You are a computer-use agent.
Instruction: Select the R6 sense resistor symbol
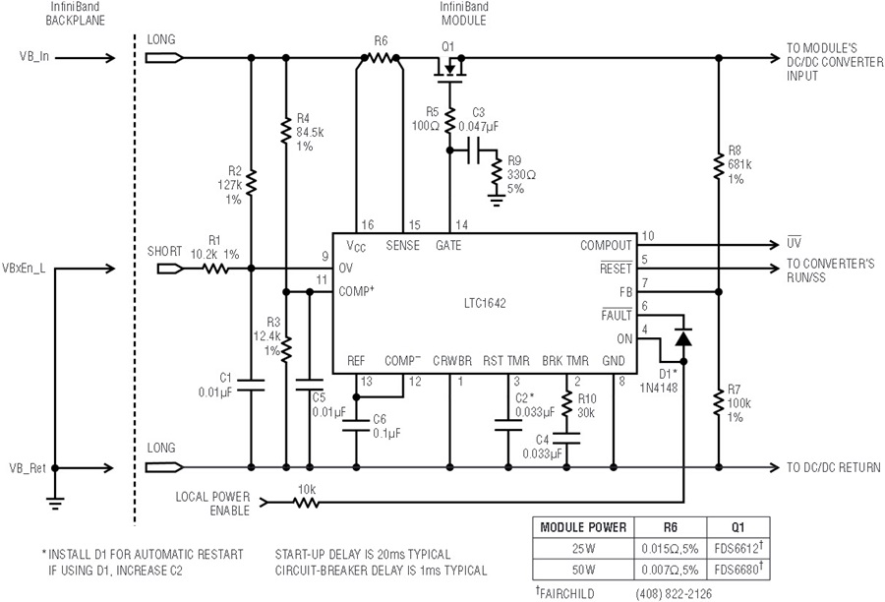pos(381,58)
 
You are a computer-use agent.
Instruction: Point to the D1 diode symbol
pos(683,337)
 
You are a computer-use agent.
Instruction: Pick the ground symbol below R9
pos(497,200)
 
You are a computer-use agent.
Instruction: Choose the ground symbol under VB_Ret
pos(55,502)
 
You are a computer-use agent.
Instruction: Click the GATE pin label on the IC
pos(448,246)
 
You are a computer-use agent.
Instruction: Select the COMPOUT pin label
pos(606,246)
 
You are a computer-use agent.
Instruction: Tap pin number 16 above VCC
pos(368,224)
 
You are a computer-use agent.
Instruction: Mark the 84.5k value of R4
pos(310,132)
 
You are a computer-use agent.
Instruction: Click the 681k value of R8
pos(739,164)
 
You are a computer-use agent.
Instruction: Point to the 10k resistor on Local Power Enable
pos(306,502)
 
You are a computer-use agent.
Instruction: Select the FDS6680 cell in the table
pos(738,569)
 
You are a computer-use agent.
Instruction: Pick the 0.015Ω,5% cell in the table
pos(670,548)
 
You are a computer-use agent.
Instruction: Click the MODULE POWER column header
pos(583,527)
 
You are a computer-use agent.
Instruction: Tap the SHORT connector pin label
pos(164,251)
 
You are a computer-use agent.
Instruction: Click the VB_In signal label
pos(34,57)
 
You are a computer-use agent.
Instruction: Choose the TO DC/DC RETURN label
pos(833,467)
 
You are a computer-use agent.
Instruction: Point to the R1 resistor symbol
pos(215,269)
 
